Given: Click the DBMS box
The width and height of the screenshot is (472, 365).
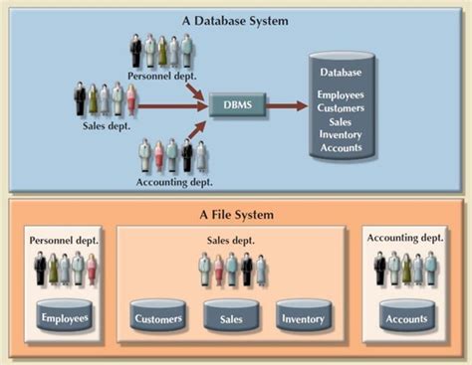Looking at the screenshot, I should click(x=236, y=104).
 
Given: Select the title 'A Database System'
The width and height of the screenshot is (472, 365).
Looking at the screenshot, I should click(x=236, y=20).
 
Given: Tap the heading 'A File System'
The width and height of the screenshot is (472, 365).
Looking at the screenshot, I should click(x=236, y=214).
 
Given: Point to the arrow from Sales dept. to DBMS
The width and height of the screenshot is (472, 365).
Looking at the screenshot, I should click(x=169, y=103).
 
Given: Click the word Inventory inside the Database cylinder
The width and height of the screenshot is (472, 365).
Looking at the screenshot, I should click(x=342, y=134).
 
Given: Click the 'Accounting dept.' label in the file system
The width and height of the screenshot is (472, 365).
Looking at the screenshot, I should click(x=405, y=238).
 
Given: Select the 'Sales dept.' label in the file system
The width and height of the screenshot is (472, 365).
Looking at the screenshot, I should click(x=231, y=240).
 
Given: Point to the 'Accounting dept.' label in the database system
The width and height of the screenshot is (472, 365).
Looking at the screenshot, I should click(x=171, y=182).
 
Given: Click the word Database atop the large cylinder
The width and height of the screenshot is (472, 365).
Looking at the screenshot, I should click(x=342, y=73).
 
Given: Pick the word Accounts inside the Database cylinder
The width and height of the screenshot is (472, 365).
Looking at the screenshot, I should click(x=342, y=148).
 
